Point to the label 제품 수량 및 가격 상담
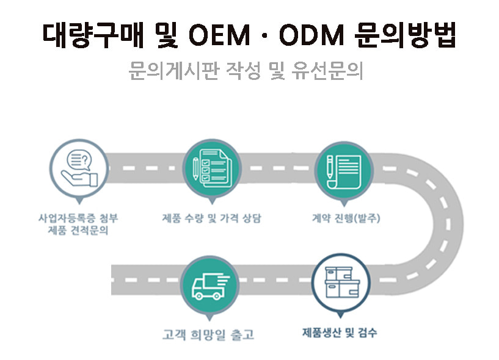pos(211,218)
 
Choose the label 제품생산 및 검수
pos(340,333)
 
